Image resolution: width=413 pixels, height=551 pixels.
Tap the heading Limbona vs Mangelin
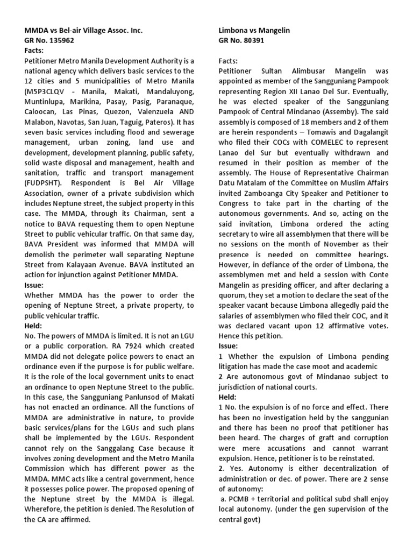[254, 31]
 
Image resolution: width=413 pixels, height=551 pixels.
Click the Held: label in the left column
[35, 326]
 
